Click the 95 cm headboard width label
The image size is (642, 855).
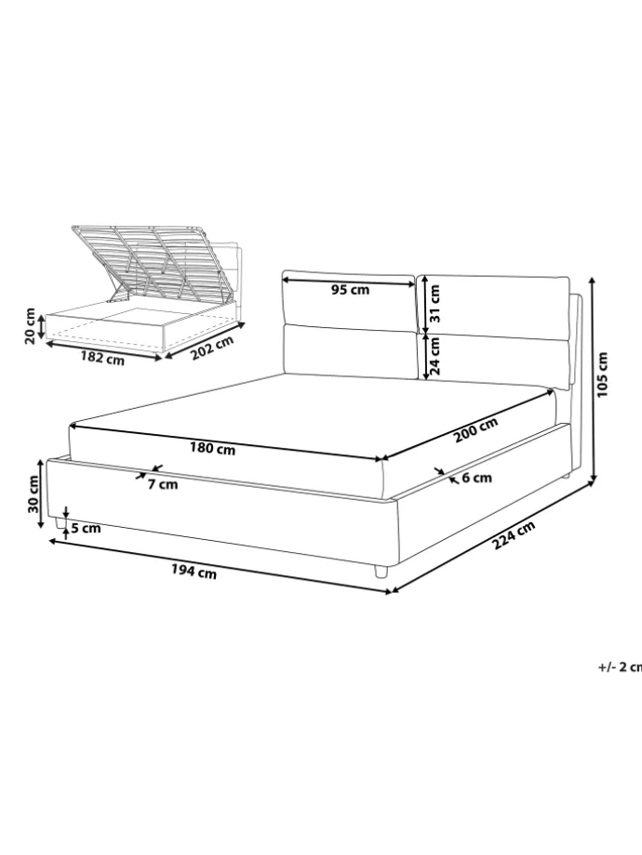click(350, 290)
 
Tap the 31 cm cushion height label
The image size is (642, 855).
click(435, 303)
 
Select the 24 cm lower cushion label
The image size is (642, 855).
click(435, 356)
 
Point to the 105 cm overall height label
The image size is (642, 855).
click(601, 375)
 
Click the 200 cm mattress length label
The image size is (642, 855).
click(476, 429)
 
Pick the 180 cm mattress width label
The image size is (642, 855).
click(212, 449)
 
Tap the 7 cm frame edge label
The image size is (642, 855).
click(163, 483)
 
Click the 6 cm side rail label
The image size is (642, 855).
click(476, 478)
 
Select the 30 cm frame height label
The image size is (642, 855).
click(33, 493)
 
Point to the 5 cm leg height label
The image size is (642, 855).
click(87, 528)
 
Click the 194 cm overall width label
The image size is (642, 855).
click(194, 572)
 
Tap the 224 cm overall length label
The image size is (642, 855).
click(514, 535)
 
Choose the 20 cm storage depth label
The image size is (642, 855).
click(30, 326)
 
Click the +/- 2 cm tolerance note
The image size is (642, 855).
click(621, 667)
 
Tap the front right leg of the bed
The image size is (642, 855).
click(381, 571)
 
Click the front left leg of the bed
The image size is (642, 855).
click(59, 523)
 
